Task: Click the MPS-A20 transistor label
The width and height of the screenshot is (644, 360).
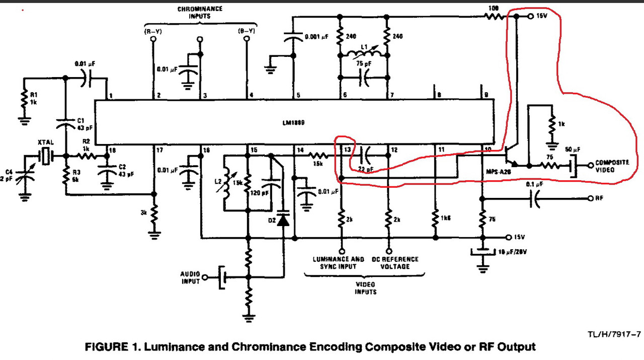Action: pos(497,172)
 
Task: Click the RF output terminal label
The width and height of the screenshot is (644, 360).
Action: pos(599,198)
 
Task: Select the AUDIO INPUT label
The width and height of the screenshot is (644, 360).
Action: pos(190,277)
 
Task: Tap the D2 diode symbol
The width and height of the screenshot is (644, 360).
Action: pos(283,220)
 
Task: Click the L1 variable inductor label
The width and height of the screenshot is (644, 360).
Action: pos(366,48)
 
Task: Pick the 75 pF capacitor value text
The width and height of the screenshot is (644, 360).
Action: pos(364,63)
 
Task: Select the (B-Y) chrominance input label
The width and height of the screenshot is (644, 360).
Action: pos(247,32)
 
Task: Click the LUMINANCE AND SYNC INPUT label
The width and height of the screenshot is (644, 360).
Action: pos(338,262)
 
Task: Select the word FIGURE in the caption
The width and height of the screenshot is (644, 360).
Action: pos(108,347)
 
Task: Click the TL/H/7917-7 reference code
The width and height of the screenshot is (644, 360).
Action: pos(613,334)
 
